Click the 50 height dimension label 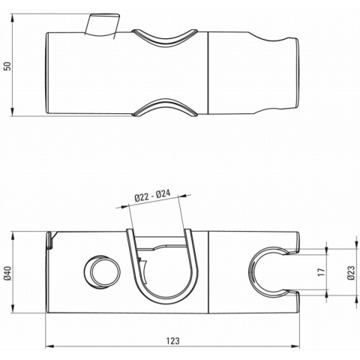coord(8,66)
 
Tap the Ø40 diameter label coord(8,273)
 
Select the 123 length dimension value coord(173,340)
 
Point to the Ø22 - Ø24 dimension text coord(152,196)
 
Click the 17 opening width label coord(322,271)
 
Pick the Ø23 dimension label coord(351,272)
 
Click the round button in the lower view coord(102,272)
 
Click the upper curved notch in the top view coord(165,37)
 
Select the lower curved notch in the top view coord(165,107)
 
